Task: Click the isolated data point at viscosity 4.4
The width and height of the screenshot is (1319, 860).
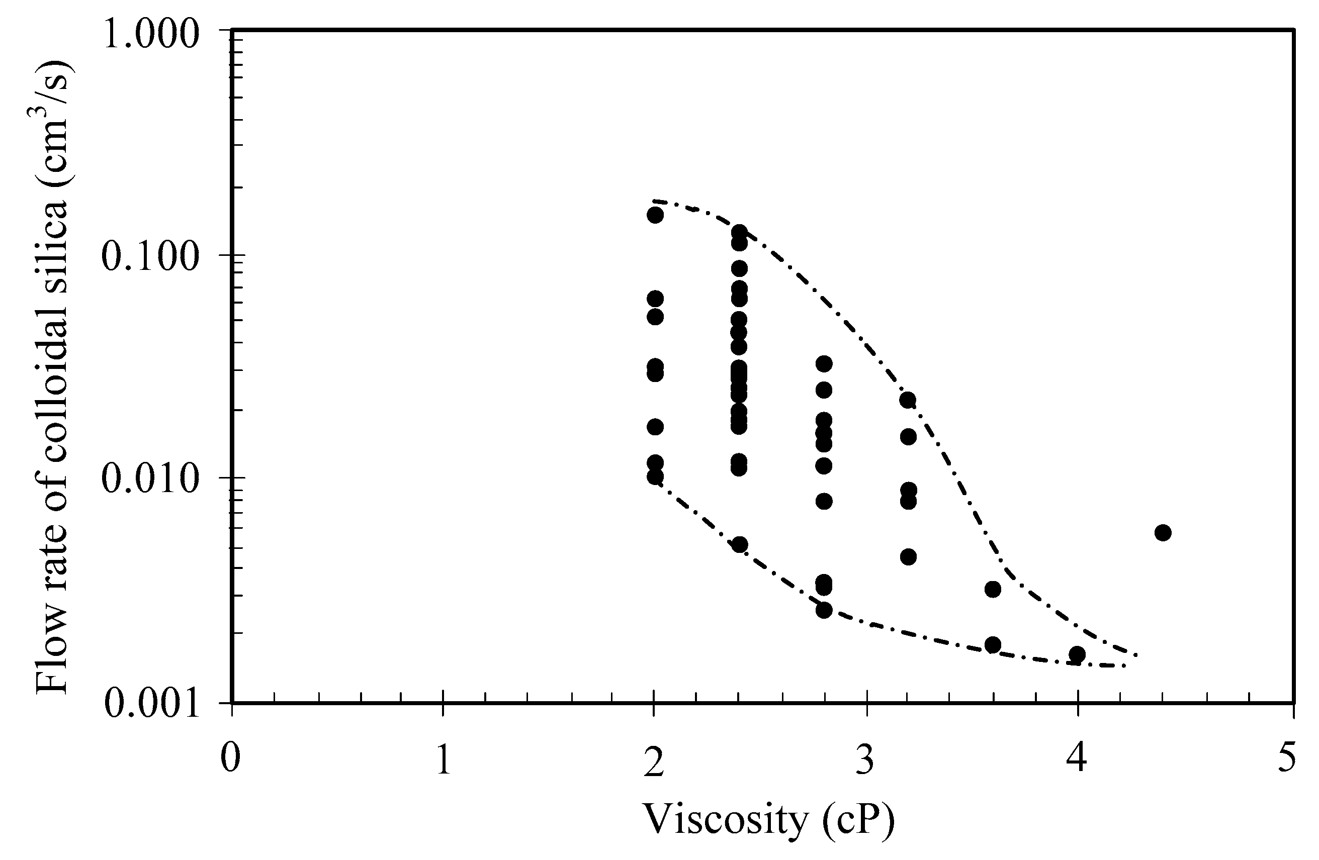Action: click(x=1163, y=532)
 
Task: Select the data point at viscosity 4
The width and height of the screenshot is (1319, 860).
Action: click(x=1077, y=654)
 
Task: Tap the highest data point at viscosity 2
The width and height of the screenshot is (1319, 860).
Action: click(x=655, y=215)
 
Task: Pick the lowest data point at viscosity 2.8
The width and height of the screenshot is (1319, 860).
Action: click(x=824, y=610)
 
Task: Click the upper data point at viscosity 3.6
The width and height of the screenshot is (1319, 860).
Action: click(x=993, y=589)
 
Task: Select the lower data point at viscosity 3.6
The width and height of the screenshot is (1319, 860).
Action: click(x=993, y=644)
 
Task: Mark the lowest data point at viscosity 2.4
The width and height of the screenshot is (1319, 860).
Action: click(x=739, y=544)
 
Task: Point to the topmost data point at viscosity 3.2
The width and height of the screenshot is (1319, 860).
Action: click(x=908, y=400)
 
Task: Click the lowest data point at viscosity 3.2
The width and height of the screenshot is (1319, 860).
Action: click(x=908, y=557)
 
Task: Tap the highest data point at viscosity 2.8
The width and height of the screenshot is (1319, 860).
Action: click(x=824, y=363)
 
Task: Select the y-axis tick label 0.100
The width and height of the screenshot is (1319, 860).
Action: click(x=151, y=258)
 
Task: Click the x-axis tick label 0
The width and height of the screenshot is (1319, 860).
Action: click(x=230, y=758)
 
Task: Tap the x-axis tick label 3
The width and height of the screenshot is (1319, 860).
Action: click(x=864, y=758)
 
